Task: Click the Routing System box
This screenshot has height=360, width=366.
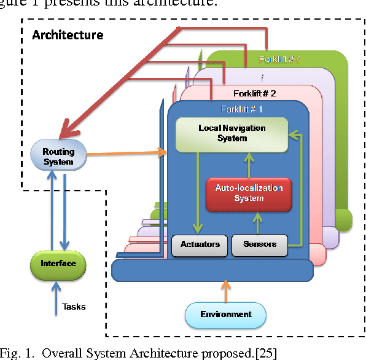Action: pos(58,156)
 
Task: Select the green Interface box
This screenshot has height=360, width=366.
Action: pos(58,264)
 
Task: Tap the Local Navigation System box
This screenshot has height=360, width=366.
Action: pos(232,133)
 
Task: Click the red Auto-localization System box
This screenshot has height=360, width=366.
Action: pos(248,193)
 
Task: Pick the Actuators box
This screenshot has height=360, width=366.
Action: pos(200,245)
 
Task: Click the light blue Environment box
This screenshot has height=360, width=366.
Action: pos(225,315)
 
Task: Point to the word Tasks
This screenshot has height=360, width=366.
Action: pos(74,307)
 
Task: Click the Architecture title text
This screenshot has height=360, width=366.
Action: pos(68,34)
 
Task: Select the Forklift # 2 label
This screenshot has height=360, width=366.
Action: pos(254,93)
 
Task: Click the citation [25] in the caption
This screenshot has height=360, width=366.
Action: pos(266,353)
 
